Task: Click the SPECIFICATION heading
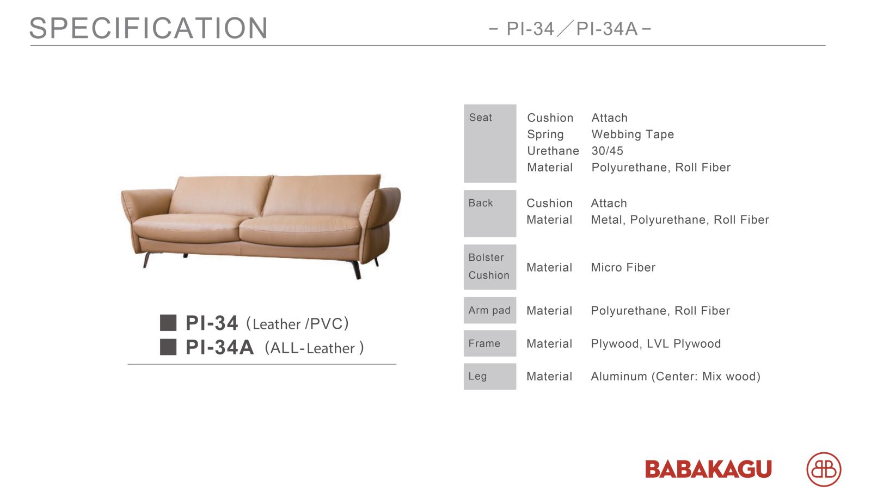coord(149,28)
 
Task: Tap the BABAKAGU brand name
coord(708,469)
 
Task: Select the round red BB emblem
coord(824,469)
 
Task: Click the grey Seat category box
coord(490,143)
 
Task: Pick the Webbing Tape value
coord(633,134)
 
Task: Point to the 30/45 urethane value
coord(608,151)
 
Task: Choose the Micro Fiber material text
coord(623,267)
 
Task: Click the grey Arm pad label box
coord(490,310)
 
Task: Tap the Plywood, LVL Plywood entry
coord(655,343)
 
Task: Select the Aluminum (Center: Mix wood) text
coord(676,376)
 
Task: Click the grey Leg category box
coord(490,377)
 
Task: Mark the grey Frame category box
coord(490,343)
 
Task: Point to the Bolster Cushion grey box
coord(490,267)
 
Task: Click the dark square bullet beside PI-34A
coord(168,347)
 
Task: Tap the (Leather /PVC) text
coord(297,323)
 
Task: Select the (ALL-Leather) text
coord(314,348)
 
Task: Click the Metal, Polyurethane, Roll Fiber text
coord(680,220)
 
